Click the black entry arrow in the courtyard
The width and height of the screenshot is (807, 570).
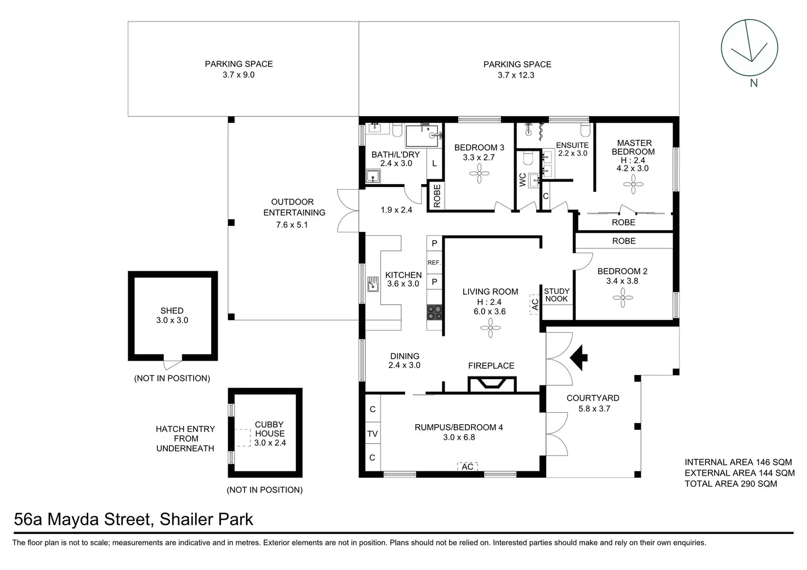point(578,357)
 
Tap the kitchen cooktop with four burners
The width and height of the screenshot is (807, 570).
point(434,312)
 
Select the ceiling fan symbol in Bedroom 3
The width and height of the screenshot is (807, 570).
point(479,174)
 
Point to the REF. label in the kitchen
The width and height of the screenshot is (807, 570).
point(434,263)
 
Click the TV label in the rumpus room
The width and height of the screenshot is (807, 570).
point(372,434)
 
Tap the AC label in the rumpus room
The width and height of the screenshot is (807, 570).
point(467,466)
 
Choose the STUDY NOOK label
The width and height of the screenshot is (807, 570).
point(556,295)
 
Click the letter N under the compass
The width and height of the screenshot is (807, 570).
point(754,83)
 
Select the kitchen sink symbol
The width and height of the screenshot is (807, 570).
point(373,284)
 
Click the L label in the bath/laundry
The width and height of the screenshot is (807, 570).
point(435,163)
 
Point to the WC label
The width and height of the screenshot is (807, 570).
point(522,180)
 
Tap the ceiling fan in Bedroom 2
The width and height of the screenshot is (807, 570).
point(623,298)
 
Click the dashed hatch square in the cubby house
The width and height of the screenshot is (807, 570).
point(242,438)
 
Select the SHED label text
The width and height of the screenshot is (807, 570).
point(172,310)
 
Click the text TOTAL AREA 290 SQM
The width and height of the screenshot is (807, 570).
point(731,483)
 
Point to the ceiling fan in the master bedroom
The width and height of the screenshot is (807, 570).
point(633,184)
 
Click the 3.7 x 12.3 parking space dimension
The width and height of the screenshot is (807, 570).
point(516,75)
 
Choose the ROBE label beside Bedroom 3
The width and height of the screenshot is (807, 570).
point(437,196)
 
